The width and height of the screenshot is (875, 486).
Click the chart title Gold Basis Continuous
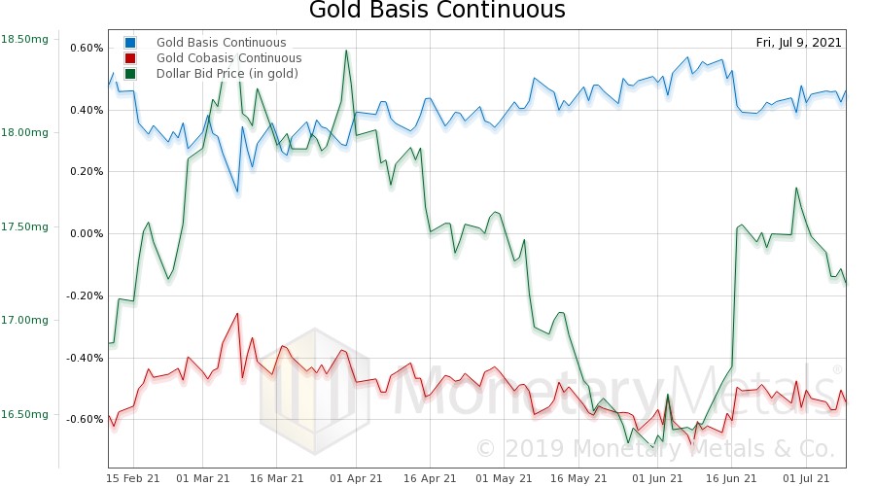tap(437, 12)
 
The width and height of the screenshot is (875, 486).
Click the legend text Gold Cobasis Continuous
tap(228, 58)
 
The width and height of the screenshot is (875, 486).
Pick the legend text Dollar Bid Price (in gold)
tap(227, 74)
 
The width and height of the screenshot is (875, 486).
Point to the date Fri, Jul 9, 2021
tap(798, 43)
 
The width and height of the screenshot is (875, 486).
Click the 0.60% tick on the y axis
tap(87, 48)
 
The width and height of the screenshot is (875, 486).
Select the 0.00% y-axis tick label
tap(87, 233)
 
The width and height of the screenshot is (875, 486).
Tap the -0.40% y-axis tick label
tap(85, 358)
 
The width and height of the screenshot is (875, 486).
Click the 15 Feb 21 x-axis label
tap(133, 478)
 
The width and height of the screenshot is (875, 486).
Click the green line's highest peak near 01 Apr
tap(345, 52)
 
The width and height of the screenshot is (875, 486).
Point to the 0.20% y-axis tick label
tap(87, 172)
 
